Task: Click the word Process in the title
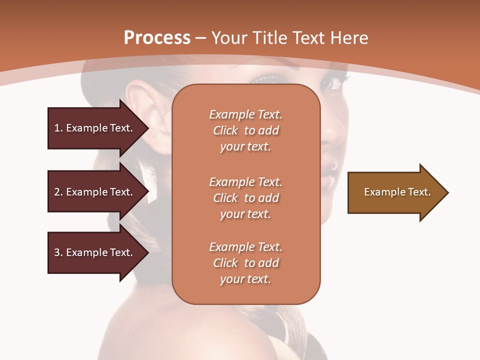(157, 38)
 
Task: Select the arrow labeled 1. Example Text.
(95, 128)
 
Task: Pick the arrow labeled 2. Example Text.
(95, 192)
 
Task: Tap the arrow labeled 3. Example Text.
(95, 252)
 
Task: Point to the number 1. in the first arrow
(58, 128)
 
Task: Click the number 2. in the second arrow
(58, 192)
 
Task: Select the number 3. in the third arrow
(58, 252)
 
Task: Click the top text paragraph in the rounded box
(245, 130)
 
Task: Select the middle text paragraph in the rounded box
(245, 198)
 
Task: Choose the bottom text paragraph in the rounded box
(245, 263)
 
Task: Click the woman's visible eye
(333, 83)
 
